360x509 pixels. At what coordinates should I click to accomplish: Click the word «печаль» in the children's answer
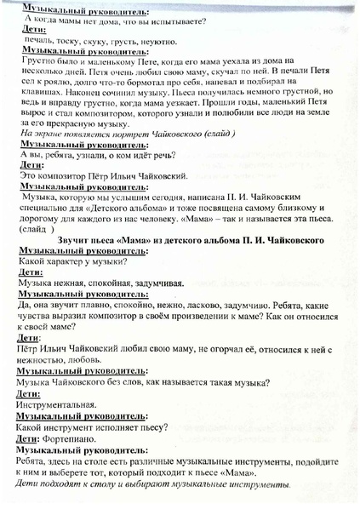[39, 41]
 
